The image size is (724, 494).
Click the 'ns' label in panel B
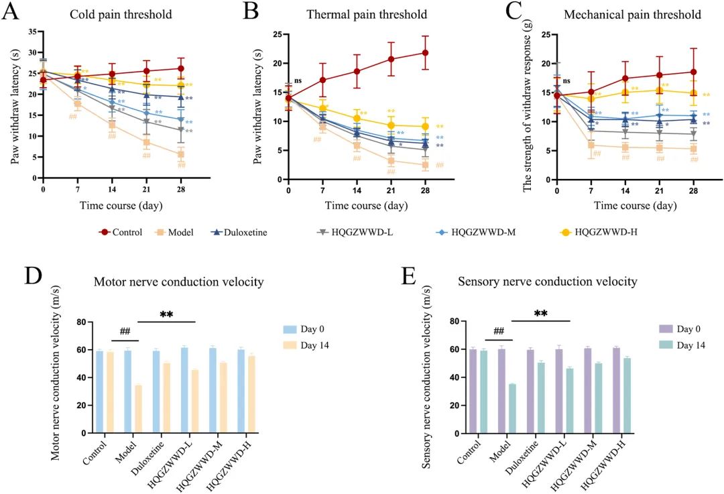298,81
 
